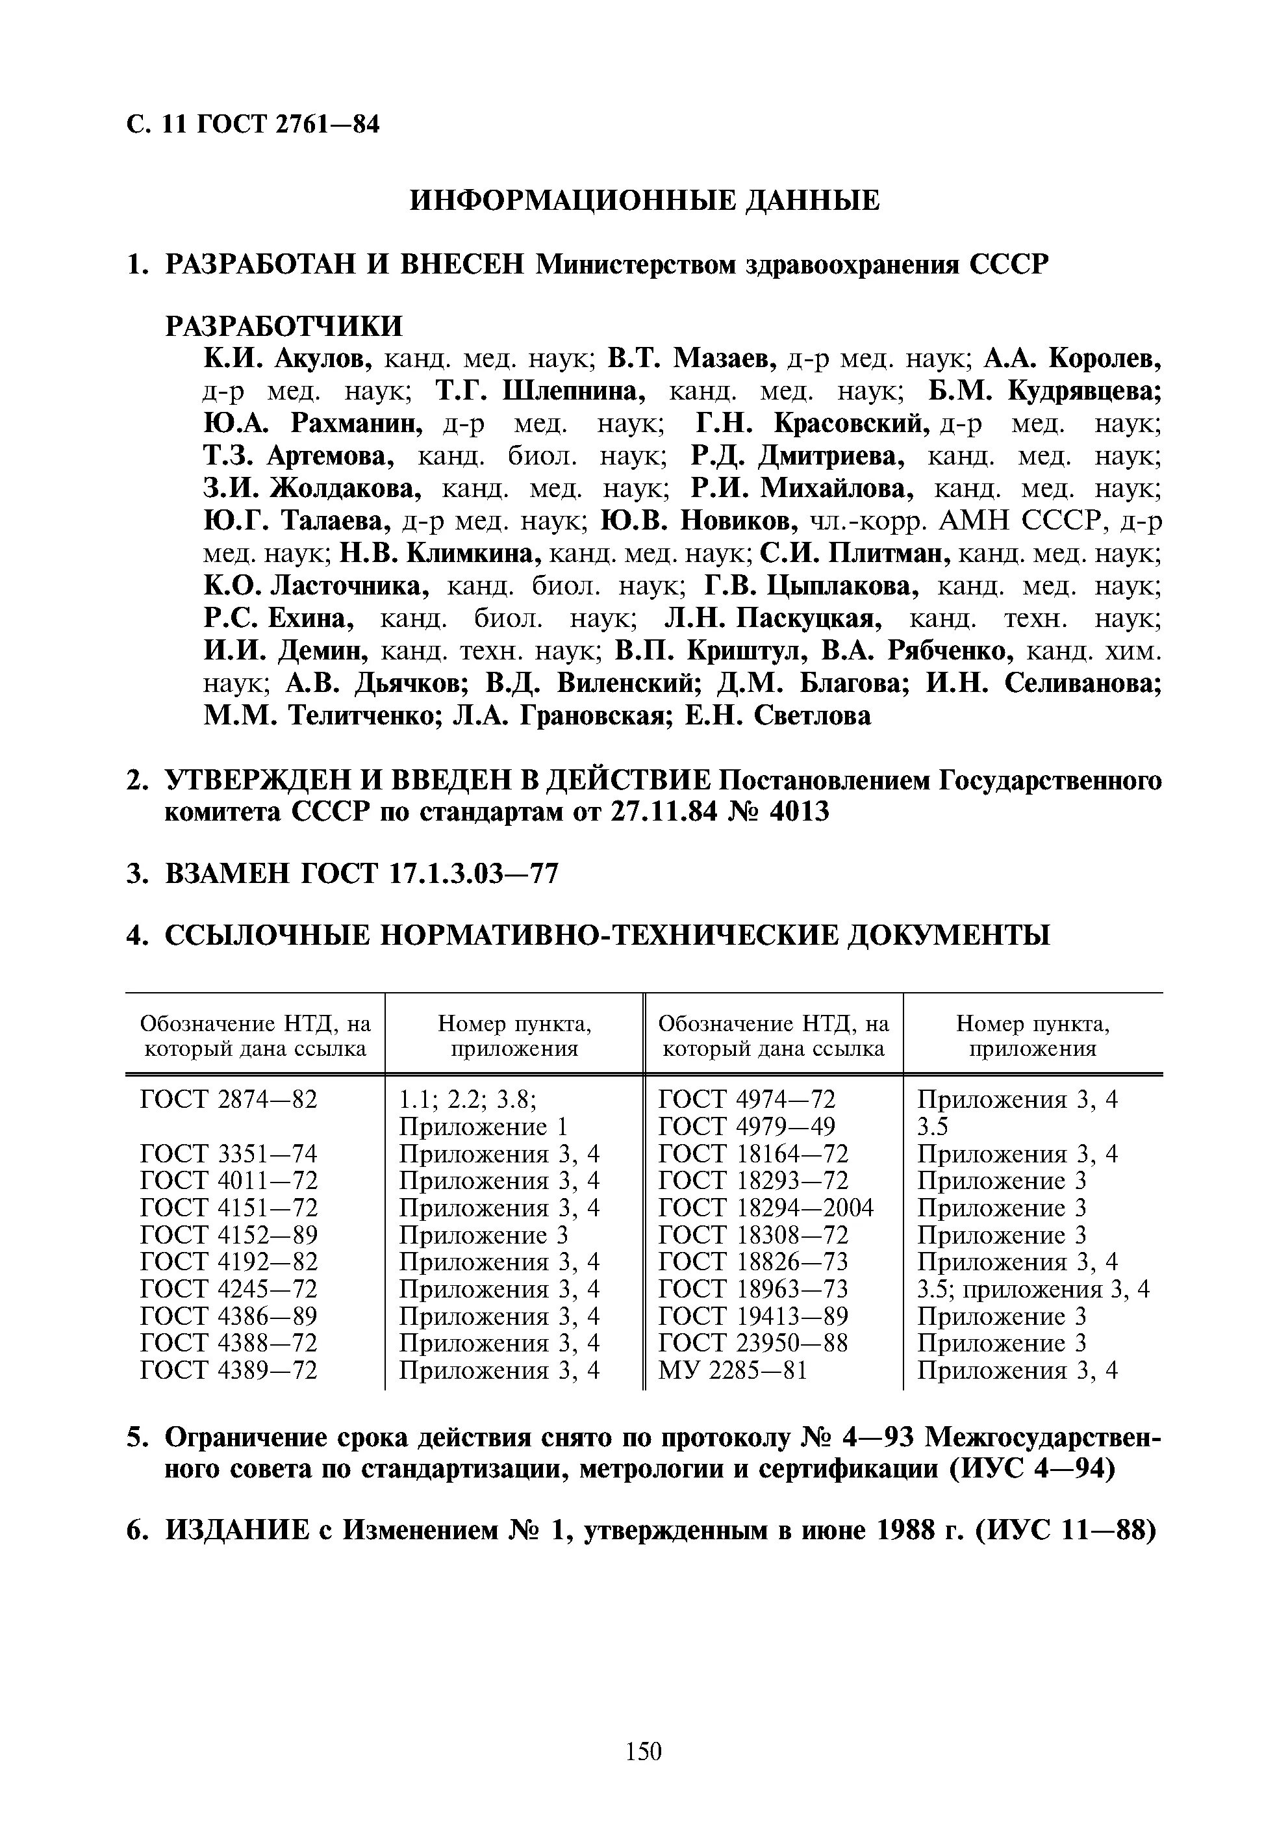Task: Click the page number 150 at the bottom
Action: [x=643, y=1750]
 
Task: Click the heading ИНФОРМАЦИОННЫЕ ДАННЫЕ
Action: [x=644, y=199]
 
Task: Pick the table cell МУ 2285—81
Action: [x=732, y=1370]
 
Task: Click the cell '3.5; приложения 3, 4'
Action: [x=1033, y=1289]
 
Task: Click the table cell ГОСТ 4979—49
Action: [x=746, y=1125]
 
